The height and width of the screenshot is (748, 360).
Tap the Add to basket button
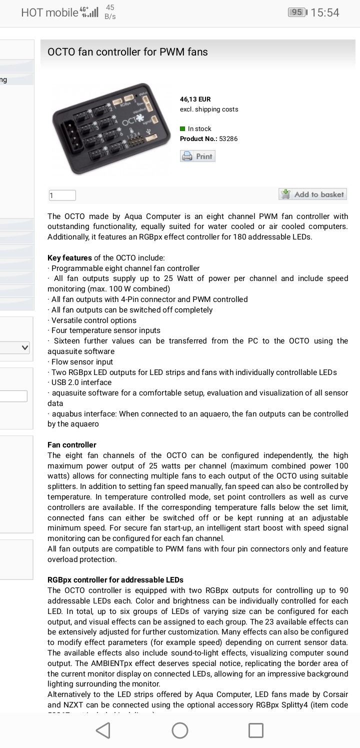[x=312, y=194]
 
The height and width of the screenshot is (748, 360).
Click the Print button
[x=198, y=156]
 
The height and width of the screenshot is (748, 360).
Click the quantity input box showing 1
[x=62, y=195]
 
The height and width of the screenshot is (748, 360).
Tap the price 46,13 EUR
[x=195, y=99]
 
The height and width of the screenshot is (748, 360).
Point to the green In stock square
[x=183, y=129]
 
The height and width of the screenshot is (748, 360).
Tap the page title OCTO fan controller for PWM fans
[x=127, y=52]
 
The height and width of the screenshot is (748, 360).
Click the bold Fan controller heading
[x=72, y=445]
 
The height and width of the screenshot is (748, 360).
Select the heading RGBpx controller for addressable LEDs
[x=115, y=580]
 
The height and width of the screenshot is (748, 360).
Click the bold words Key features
[x=69, y=258]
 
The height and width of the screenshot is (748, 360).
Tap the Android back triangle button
[x=103, y=730]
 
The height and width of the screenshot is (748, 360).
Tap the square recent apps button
[x=256, y=730]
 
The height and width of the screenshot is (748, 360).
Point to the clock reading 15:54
[x=325, y=12]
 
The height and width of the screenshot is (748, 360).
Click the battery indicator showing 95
[x=297, y=12]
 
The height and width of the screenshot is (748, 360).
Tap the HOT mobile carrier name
[x=49, y=12]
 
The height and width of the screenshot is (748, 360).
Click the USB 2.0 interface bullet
[x=81, y=382]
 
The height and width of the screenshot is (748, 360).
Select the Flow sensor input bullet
[x=82, y=362]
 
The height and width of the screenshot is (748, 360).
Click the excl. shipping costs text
[x=209, y=109]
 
